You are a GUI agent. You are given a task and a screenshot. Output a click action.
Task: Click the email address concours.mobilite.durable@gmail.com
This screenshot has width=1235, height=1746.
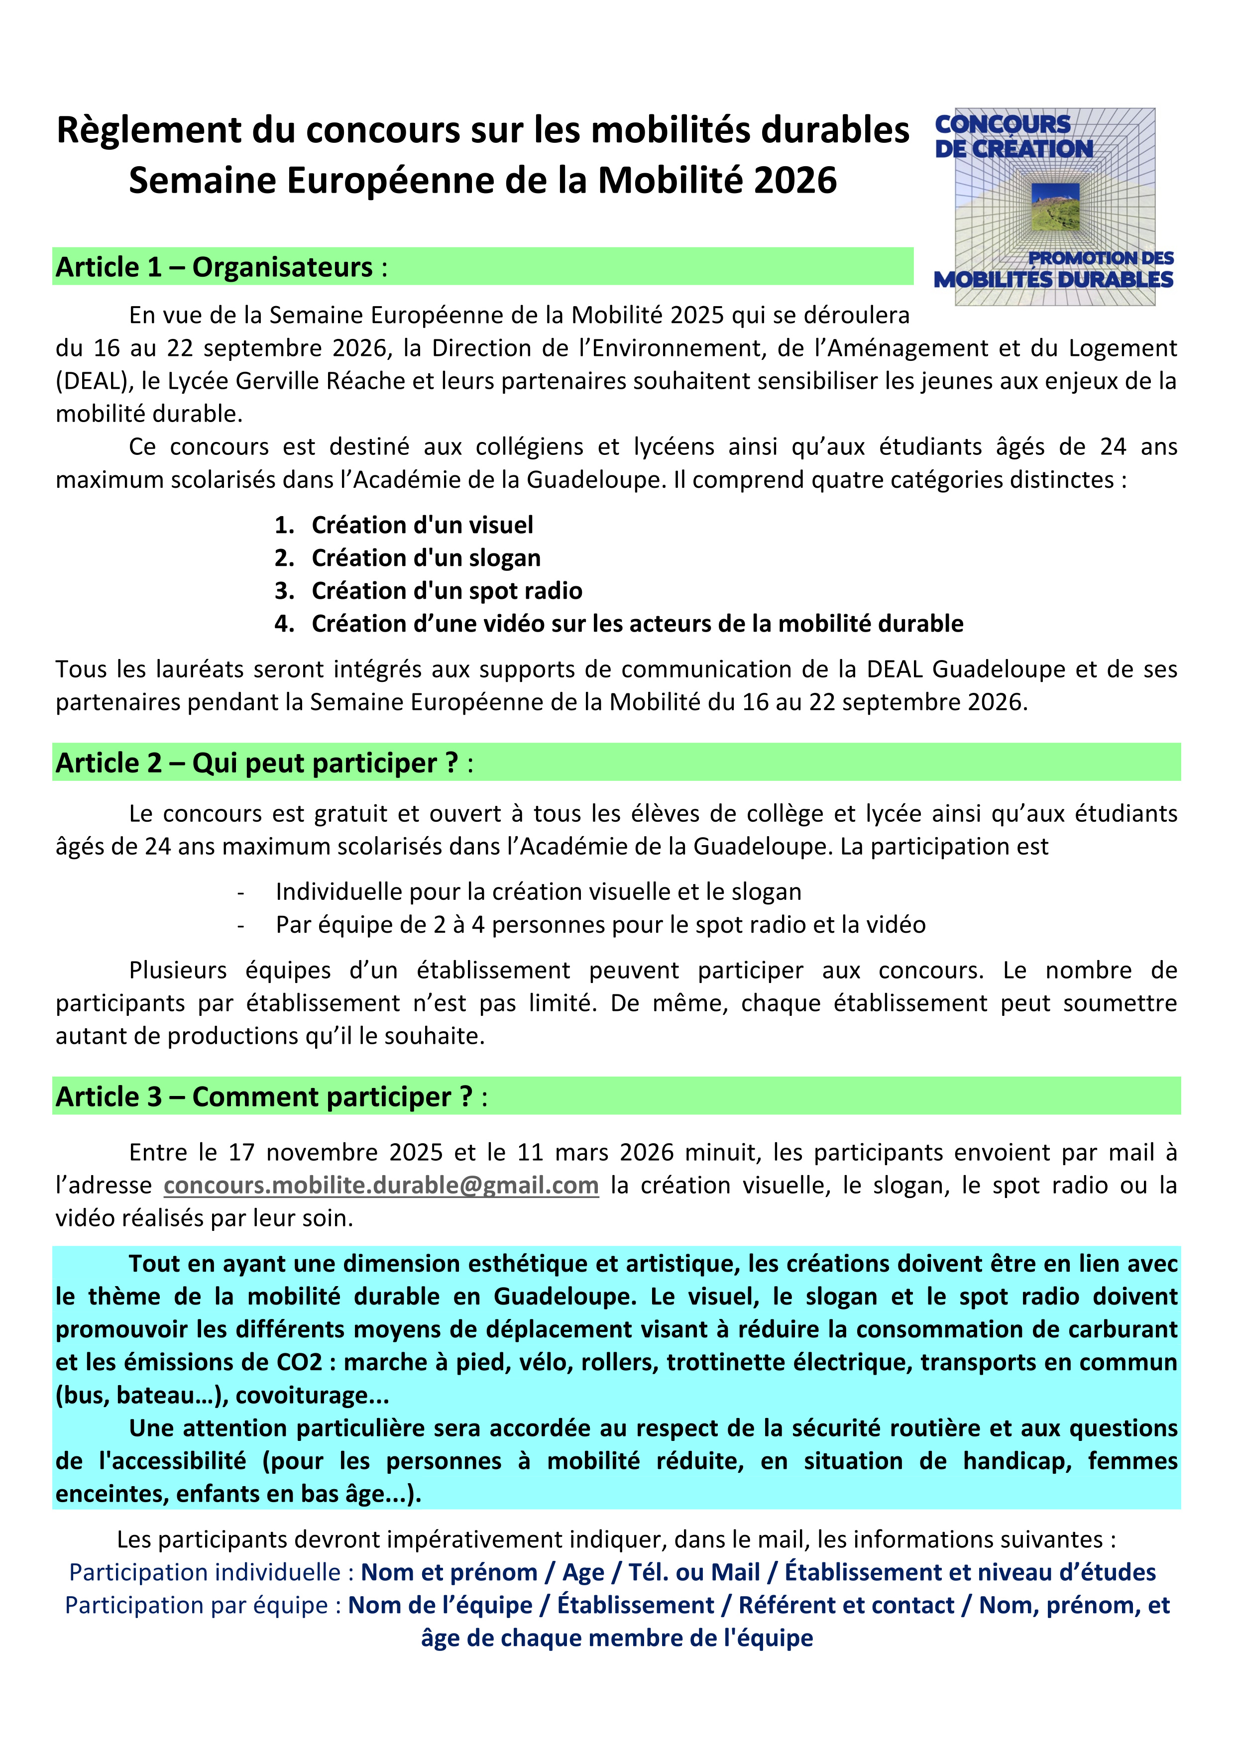(381, 1186)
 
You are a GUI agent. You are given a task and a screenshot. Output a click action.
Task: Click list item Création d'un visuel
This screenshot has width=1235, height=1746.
(422, 525)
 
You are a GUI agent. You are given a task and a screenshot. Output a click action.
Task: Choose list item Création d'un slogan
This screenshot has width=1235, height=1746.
(426, 557)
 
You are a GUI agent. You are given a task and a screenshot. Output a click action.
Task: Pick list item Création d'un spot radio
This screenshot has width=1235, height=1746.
(447, 591)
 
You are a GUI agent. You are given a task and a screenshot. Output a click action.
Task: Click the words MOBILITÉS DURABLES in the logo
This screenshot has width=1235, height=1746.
(1053, 279)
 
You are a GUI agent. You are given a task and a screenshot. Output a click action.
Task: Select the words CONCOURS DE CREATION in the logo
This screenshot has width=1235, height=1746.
(1011, 136)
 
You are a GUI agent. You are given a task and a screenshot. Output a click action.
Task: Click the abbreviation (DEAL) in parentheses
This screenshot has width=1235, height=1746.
(89, 380)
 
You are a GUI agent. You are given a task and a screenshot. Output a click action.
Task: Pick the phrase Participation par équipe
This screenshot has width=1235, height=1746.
(196, 1605)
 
